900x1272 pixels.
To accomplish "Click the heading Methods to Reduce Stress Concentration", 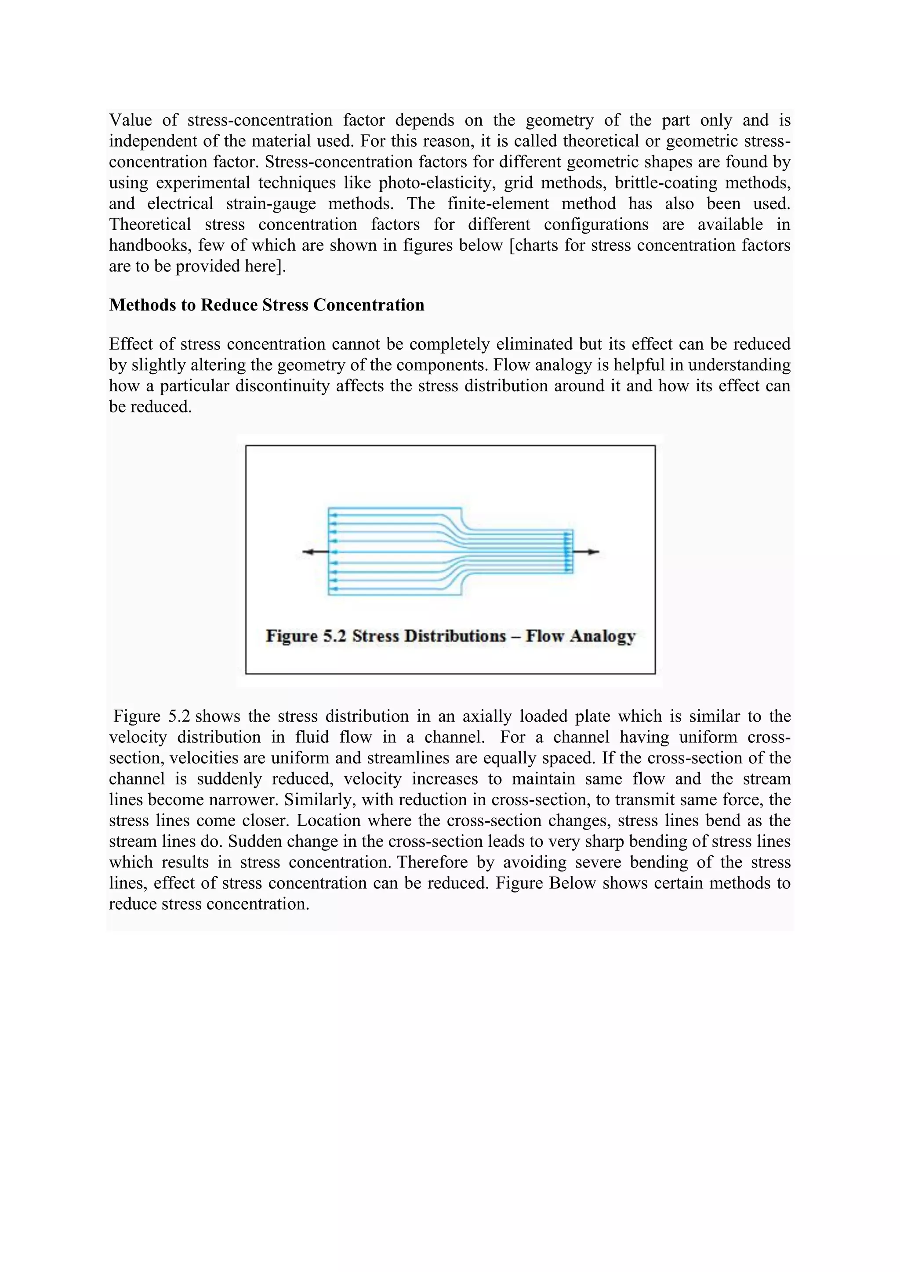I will tap(267, 305).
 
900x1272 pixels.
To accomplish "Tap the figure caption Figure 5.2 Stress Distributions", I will tap(450, 636).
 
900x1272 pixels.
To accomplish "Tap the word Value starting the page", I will tap(130, 120).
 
